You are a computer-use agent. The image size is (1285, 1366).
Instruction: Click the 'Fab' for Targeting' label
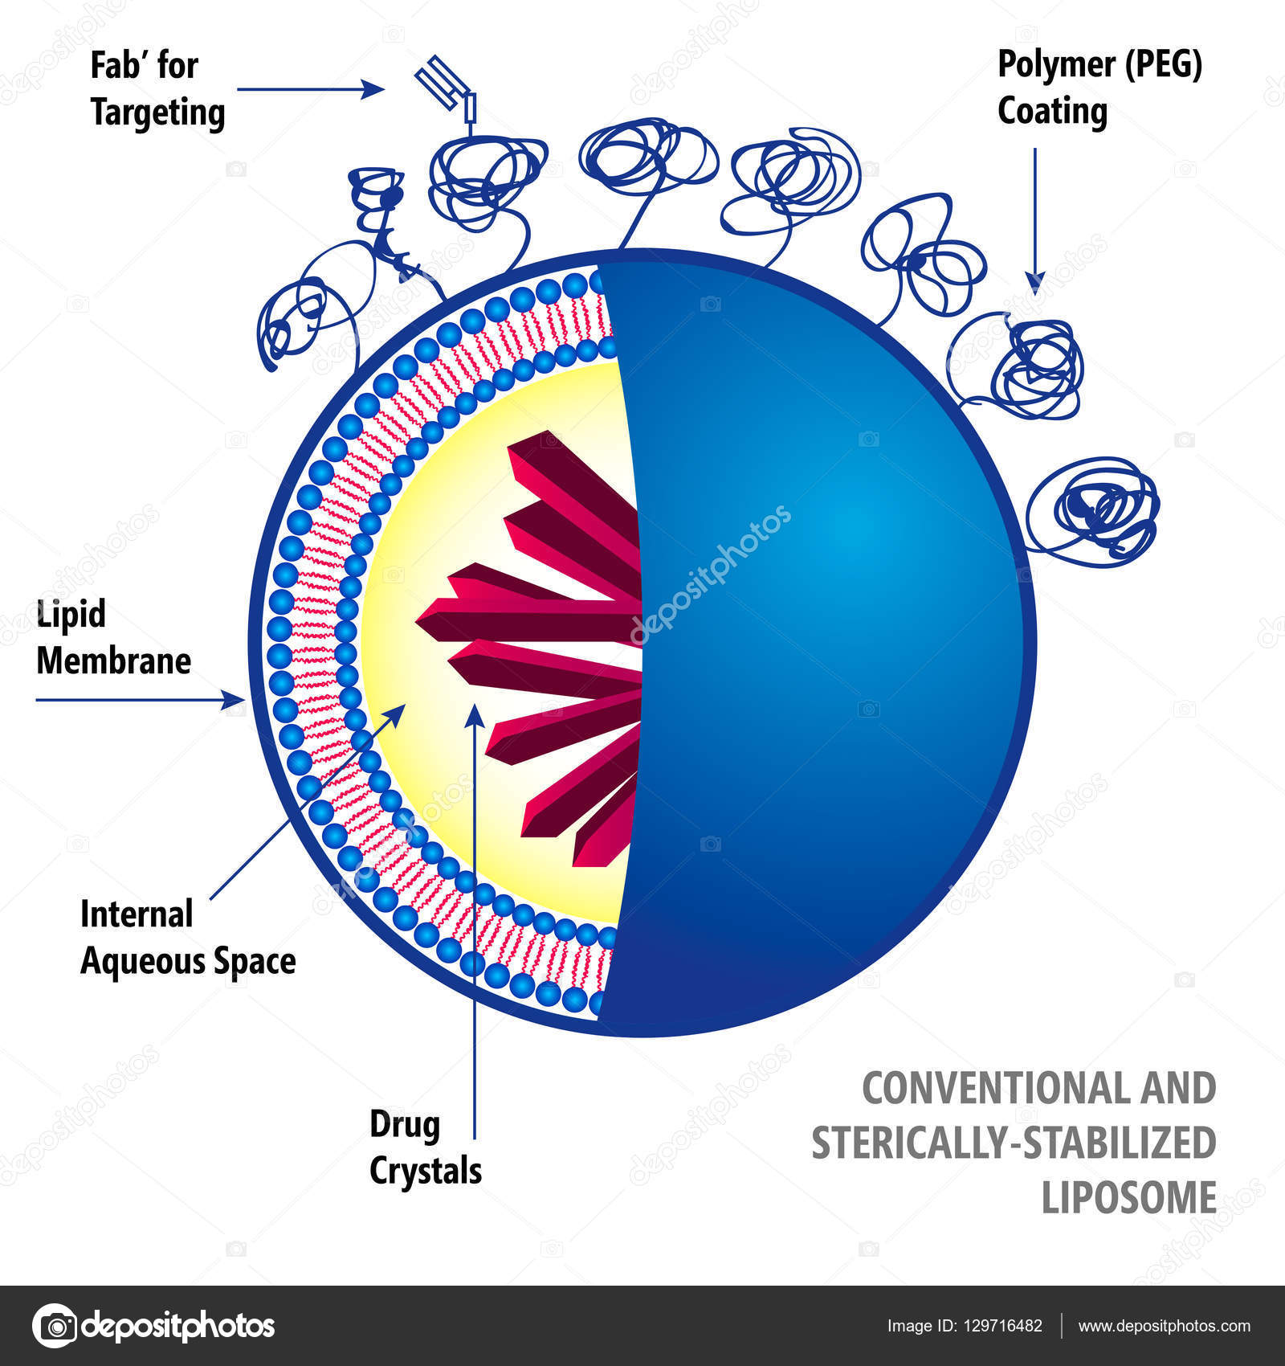pos(157,88)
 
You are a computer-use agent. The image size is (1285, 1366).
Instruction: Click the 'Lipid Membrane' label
pos(112,638)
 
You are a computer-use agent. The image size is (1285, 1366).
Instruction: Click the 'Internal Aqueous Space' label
pos(187,938)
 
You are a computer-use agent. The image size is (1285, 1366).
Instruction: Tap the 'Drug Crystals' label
pos(425,1147)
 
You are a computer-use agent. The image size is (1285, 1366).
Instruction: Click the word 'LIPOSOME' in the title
pos(1128,1197)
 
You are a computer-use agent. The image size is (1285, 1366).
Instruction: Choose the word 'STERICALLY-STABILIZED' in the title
pos(1014,1143)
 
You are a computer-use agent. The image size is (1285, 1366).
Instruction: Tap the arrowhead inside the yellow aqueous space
pos(398,710)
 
